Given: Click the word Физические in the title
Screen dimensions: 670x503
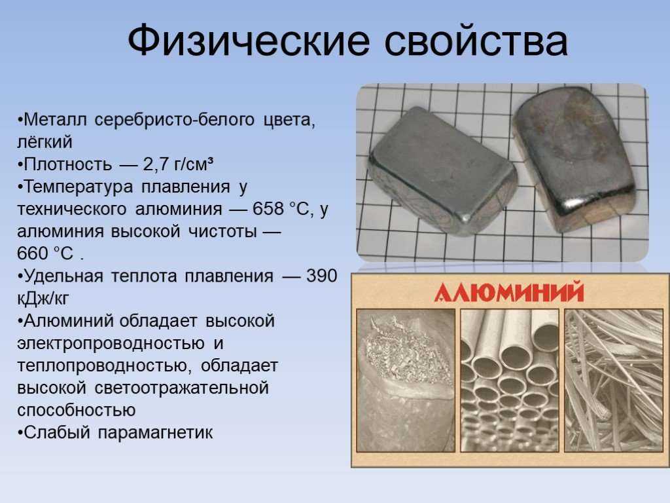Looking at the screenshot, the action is [x=248, y=41].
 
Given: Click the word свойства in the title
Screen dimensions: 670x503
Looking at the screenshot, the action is [x=476, y=41].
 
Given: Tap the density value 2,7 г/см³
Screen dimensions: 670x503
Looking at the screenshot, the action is [x=178, y=164].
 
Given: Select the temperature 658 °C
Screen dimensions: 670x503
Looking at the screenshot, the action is [x=281, y=209].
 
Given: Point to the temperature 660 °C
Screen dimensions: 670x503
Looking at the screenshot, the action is [x=45, y=253].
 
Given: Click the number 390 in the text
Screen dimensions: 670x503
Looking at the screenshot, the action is [x=322, y=276].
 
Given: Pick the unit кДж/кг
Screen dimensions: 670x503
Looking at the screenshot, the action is [x=43, y=299].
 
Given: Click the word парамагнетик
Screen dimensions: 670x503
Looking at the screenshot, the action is [x=155, y=432].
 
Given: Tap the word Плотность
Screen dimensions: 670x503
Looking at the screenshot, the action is [x=68, y=164].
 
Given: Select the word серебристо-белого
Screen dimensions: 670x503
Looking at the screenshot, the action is [x=174, y=120].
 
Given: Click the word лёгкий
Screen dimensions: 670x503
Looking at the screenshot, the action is [x=45, y=142].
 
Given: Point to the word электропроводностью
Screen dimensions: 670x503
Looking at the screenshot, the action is [x=111, y=343].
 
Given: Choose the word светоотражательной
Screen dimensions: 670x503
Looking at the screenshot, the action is [x=182, y=388].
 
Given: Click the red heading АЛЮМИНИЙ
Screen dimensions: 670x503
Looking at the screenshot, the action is [x=509, y=292].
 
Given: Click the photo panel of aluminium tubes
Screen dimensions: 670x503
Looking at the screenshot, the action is [x=510, y=381].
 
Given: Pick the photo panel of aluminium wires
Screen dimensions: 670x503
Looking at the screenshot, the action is [x=614, y=381].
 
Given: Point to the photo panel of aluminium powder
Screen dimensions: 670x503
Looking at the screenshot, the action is [x=406, y=381].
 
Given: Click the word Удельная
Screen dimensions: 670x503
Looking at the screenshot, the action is [x=63, y=276].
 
